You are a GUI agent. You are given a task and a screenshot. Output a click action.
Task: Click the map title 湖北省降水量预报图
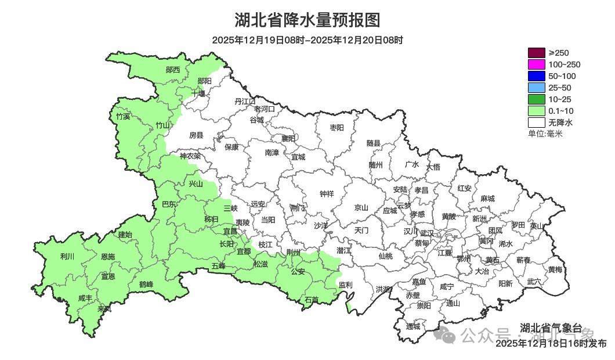coord(307,20)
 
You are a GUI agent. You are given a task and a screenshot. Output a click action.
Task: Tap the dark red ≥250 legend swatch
coord(536,53)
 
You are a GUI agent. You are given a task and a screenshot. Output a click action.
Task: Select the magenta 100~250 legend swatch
coord(536,64)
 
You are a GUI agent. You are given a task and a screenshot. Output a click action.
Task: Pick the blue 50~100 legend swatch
coord(536,76)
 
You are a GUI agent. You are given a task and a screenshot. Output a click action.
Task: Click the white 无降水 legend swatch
coord(536,123)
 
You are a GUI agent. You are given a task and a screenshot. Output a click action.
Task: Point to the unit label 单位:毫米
coord(545,134)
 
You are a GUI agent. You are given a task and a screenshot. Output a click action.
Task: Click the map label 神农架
coord(190,156)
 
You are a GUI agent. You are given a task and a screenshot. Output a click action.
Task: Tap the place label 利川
coord(67,256)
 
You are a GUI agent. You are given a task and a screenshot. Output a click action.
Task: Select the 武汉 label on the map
coord(427,232)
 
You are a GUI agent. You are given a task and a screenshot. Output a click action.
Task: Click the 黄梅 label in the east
coord(555,269)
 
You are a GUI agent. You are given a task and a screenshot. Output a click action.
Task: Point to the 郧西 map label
coord(172,70)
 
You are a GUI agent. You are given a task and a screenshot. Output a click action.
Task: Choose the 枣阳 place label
coord(337,127)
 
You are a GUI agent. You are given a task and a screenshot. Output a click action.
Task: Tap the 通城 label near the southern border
coord(413,326)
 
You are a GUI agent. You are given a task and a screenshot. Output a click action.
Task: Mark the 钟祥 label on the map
coord(327,194)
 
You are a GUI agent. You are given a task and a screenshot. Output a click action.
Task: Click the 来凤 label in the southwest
coord(104,309)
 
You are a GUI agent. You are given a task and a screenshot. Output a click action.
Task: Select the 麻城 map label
coord(487,199)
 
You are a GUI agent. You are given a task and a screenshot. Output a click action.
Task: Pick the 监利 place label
coord(345,285)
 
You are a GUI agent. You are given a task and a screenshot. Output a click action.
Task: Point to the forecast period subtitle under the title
coord(307,40)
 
